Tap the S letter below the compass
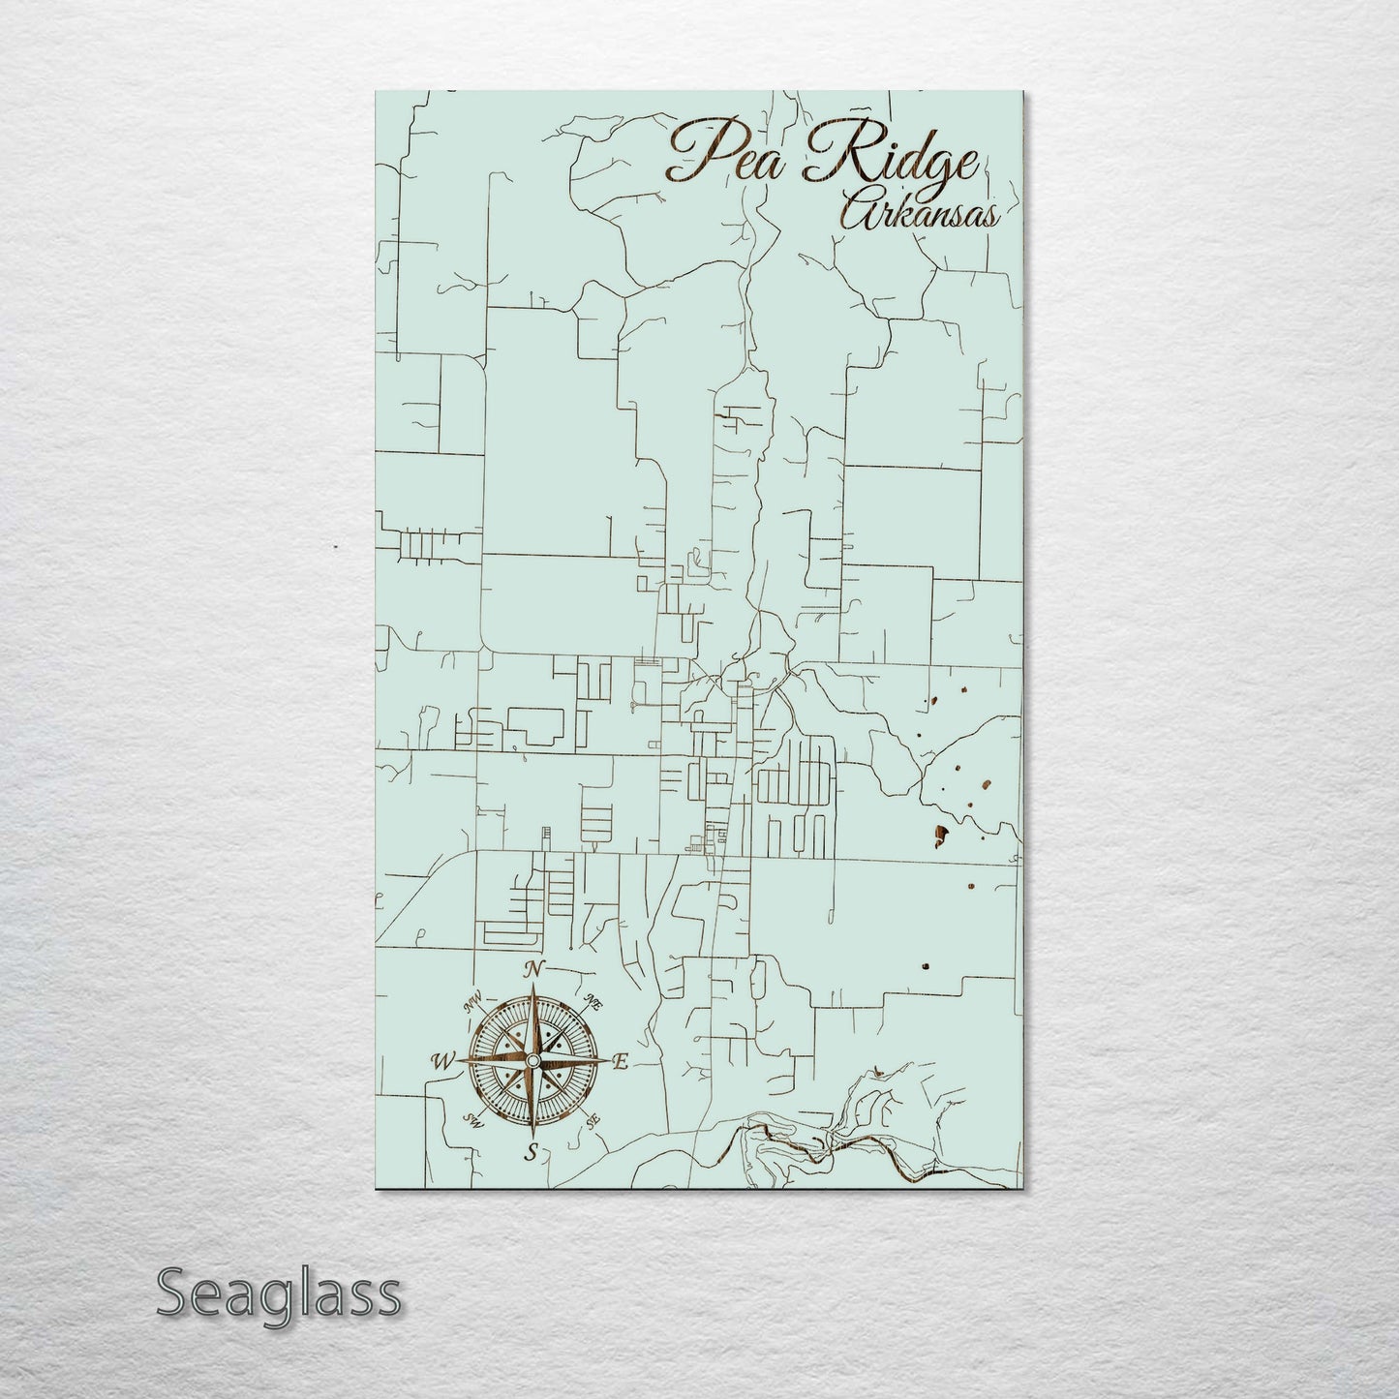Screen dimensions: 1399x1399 531,1152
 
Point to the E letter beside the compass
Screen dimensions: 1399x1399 622,1062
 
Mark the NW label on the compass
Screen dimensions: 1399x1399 473,1004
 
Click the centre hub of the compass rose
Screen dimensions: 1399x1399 532,1062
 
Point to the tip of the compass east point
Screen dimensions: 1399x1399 610,1062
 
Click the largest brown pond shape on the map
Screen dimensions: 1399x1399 940,833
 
